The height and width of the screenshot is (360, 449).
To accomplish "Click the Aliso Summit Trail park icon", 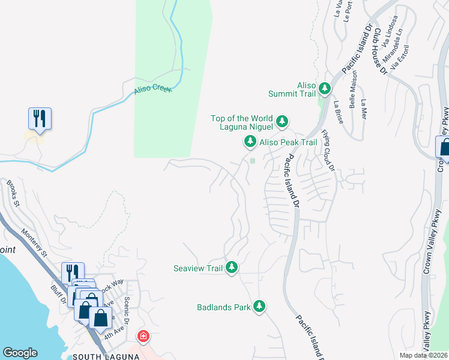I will tap(325, 89).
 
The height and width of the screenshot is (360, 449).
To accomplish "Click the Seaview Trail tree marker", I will tap(231, 268).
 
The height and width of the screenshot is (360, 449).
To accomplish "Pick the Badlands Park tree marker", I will tap(259, 307).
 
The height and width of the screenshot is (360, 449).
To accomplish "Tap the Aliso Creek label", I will tap(152, 89).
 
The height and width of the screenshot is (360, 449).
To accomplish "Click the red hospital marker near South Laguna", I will tap(143, 336).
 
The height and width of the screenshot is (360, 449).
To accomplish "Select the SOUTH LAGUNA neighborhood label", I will tap(106, 356).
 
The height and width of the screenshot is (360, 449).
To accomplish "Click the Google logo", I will tap(20, 353).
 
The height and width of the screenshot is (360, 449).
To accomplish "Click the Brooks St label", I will tap(13, 193).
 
